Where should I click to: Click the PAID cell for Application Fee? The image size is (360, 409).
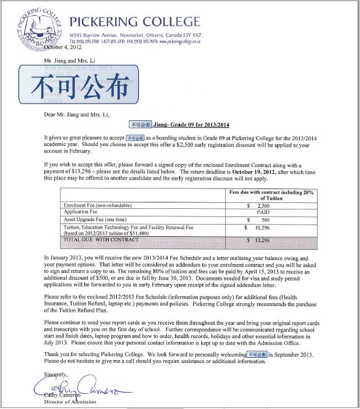pos(263,213)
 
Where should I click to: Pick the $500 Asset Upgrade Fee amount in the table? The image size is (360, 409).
pos(263,220)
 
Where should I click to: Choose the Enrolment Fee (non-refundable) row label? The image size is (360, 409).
pos(98,206)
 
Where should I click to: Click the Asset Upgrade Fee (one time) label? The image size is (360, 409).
pos(97,220)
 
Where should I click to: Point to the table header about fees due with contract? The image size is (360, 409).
pos(270,194)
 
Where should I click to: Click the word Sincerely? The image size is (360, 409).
pos(56,374)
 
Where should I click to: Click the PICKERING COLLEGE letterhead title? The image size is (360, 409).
pos(134,22)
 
